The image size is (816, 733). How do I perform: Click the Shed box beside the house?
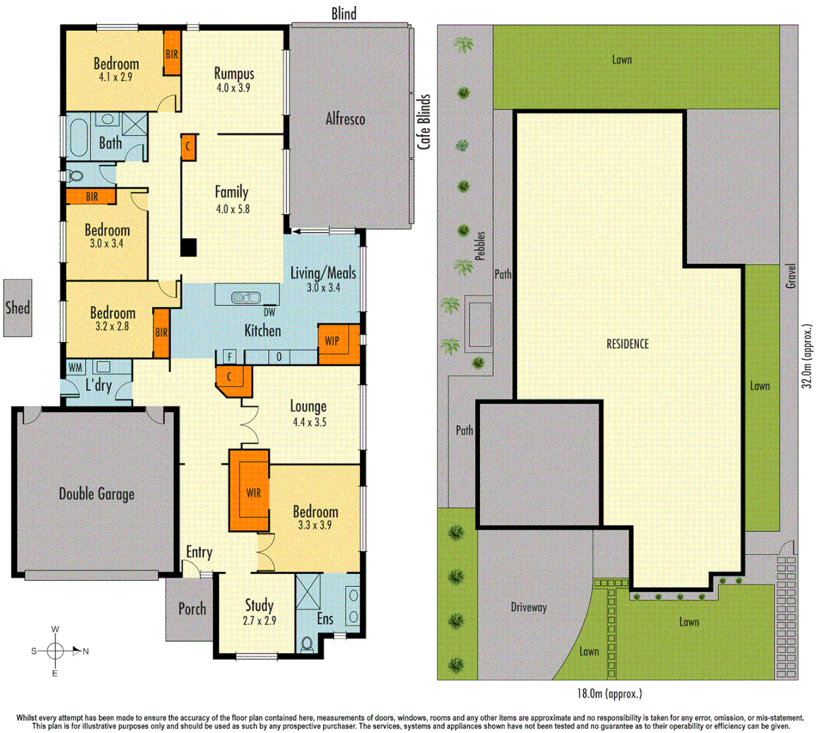click(x=18, y=307)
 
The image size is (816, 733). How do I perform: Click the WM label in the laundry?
click(x=75, y=368)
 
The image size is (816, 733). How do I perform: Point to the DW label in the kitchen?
click(x=270, y=313)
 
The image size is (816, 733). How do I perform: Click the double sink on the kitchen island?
click(x=246, y=297)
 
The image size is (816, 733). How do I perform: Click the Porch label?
click(x=192, y=609)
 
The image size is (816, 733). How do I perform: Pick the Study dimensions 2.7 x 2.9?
click(x=259, y=620)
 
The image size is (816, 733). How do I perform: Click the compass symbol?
click(x=56, y=651)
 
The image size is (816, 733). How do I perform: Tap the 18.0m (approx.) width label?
click(x=609, y=694)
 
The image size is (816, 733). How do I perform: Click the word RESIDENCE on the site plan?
click(x=627, y=344)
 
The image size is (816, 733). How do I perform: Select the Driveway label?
click(x=528, y=607)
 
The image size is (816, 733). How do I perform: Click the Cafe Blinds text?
click(x=424, y=122)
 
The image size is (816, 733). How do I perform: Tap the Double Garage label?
click(x=96, y=494)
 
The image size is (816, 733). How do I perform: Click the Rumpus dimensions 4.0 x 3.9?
click(x=234, y=88)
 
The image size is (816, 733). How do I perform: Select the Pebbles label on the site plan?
click(x=481, y=246)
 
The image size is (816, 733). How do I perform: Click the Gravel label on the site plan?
click(x=790, y=276)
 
